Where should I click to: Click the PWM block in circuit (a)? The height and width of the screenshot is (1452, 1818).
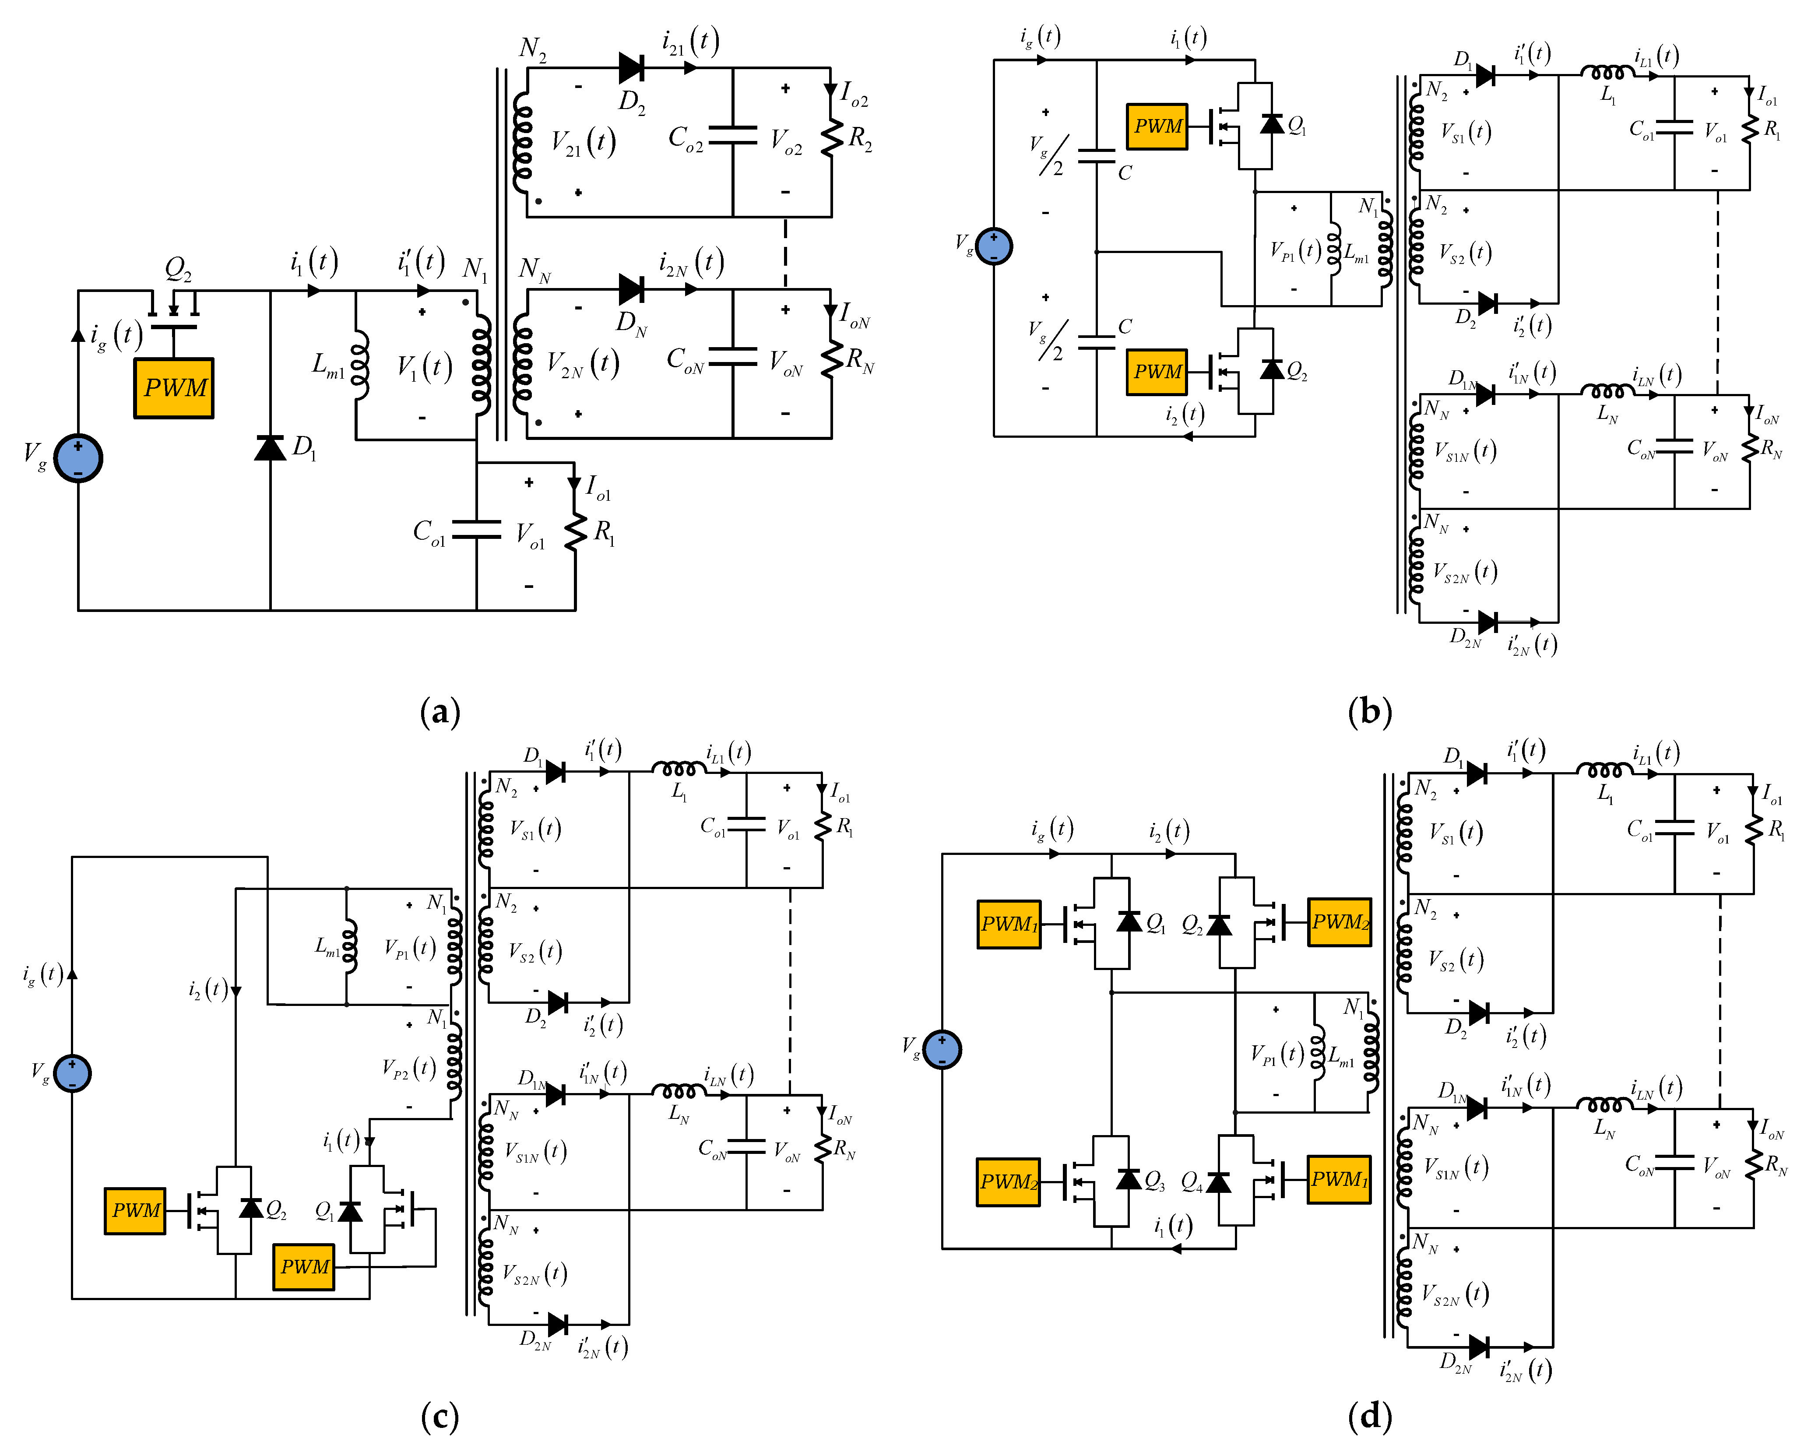174,388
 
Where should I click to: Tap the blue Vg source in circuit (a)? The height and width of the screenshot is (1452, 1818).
77,458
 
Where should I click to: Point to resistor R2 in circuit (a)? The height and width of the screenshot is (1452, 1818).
832,137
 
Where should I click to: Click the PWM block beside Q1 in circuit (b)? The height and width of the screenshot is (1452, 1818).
1157,127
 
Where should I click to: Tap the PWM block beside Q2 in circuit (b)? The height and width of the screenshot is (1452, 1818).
1157,372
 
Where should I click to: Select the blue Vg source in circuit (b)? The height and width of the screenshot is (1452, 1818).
994,246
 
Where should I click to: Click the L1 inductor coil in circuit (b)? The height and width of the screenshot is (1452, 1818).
1607,74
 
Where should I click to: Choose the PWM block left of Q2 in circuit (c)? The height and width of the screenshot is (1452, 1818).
135,1211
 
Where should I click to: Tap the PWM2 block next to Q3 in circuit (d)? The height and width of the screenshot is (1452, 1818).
1009,1181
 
